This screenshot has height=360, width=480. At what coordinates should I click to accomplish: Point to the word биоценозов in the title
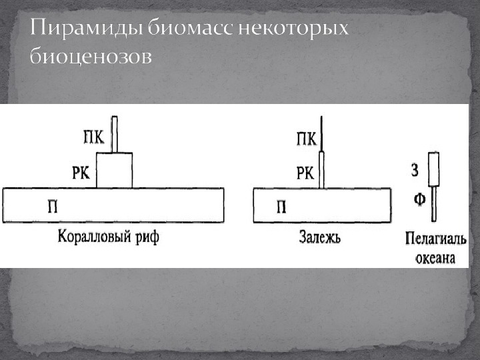pos(90,57)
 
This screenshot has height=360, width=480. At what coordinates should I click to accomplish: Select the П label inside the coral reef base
pos(52,206)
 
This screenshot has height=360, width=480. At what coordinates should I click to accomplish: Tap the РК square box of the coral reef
pos(115,171)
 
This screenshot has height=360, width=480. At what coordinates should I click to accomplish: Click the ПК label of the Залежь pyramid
pos(306,139)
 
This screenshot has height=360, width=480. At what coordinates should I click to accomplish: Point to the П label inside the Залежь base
pos(281,206)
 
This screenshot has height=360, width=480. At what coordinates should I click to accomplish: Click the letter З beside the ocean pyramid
pos(415,170)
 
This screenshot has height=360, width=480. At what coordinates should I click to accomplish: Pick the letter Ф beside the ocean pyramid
pos(419,199)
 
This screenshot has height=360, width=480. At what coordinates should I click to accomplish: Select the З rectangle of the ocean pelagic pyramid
pos(433,169)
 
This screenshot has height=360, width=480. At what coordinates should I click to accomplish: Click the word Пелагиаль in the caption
pos(435,239)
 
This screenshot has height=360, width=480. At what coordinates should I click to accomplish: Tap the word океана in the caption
pos(435,257)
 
